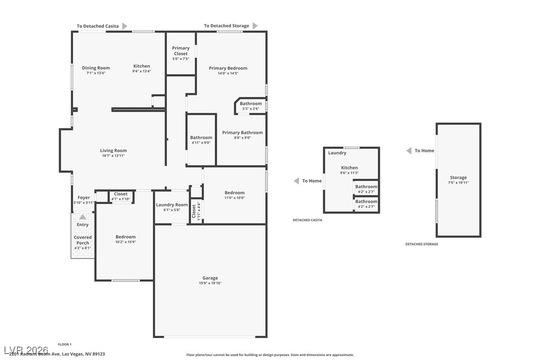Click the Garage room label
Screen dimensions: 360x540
(210, 278)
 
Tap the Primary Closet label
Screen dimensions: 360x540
(180, 51)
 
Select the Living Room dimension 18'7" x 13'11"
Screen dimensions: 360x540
(113, 156)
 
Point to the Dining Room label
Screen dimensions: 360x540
(96, 68)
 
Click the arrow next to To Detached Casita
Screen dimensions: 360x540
(125, 26)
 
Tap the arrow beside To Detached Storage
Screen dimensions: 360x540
(255, 26)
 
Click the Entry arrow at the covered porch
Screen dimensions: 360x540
(83, 217)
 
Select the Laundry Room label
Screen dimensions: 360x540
(172, 205)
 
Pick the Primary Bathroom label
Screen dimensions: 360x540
(242, 133)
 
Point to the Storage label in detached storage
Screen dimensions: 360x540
(458, 178)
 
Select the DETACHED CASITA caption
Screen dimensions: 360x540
(307, 220)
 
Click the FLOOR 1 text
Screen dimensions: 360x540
(65, 344)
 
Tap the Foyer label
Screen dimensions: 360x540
(84, 197)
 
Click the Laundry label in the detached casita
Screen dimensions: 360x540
(337, 153)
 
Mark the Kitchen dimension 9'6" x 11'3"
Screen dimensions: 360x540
(349, 173)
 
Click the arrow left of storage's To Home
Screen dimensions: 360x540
(408, 151)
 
